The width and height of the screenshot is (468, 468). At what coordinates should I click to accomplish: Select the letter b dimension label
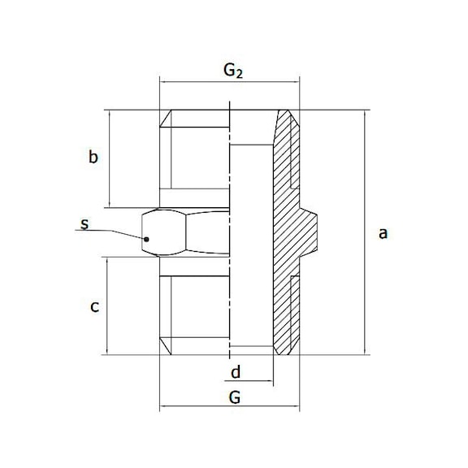(93, 158)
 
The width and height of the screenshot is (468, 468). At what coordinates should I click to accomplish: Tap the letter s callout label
(84, 222)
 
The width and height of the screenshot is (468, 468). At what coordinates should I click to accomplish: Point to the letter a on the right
(383, 233)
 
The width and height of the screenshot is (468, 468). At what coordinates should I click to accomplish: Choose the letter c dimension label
(94, 306)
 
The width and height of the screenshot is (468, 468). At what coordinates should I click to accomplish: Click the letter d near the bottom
(236, 372)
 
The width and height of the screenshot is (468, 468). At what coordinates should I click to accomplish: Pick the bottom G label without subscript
(234, 398)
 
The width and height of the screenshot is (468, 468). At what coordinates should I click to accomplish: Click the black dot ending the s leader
(146, 240)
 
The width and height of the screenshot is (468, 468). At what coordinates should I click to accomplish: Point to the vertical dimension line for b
(108, 158)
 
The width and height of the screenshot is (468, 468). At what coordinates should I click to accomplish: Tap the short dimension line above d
(252, 381)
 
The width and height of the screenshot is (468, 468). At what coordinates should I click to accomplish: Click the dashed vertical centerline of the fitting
(230, 244)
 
